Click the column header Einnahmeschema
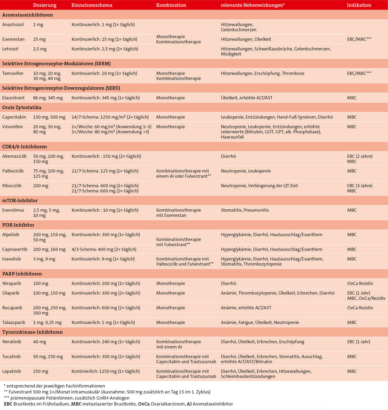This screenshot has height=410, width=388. coord(92,5)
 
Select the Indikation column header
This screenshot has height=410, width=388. coord(359,5)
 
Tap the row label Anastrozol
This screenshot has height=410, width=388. coord(13,25)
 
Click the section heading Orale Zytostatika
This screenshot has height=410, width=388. coord(22,108)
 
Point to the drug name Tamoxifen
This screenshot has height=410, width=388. coord(13,73)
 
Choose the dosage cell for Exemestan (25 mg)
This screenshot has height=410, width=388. coord(40,39)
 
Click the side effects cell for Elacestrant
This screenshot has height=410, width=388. coord(246,98)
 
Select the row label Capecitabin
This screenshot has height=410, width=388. coord(14,117)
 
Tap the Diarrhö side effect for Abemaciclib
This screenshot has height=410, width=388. coord(228,156)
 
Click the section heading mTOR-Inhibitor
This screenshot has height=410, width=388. coord(20,200)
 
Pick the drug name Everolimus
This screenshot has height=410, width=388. coord(13,210)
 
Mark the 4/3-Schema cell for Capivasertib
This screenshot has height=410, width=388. coord(104,249)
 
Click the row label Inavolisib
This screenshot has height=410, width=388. coord(12,259)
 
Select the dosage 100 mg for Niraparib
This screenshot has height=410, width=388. coord(41,284)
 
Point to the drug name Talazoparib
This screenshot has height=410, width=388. coord(13,322)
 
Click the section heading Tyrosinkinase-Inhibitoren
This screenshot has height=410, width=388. coord(32,332)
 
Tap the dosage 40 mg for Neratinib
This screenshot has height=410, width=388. coord(40,342)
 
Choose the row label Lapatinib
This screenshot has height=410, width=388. coord(12,371)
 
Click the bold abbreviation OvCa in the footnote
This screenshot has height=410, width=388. coord(143,404)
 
